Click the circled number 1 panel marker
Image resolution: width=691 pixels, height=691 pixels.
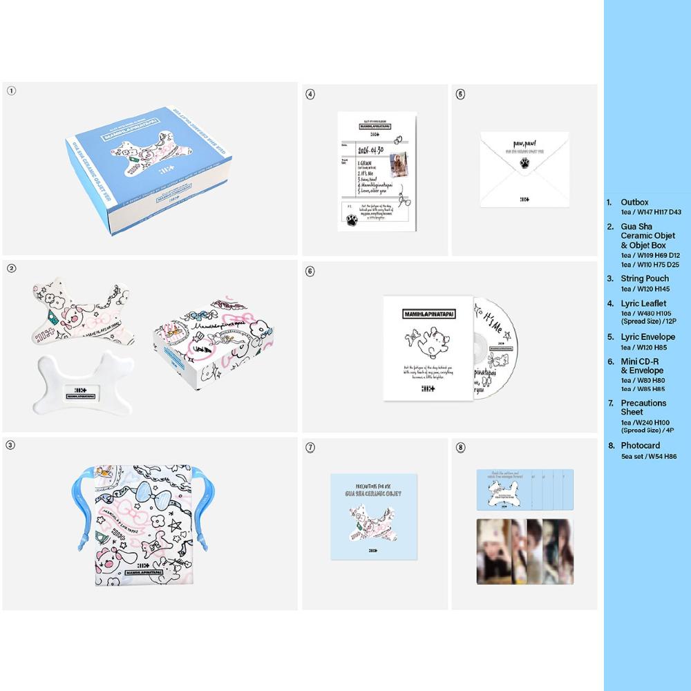11,91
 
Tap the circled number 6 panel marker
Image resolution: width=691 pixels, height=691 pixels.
310,271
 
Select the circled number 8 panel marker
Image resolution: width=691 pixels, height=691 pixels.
461,448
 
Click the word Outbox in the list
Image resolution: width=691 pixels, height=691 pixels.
634,202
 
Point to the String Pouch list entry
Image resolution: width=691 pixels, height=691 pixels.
645,278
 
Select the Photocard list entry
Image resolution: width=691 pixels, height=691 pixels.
640,446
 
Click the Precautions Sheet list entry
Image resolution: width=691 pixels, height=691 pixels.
643,407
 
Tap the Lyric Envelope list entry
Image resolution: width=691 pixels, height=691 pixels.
647,337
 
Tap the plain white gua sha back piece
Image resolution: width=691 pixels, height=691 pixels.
77,384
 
